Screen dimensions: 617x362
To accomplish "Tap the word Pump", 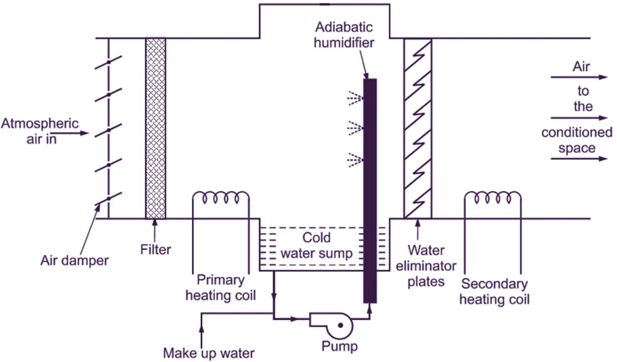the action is pos(340,346).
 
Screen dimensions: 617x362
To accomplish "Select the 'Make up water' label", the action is pos(209,353).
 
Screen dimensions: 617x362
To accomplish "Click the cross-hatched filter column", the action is pos(156,129).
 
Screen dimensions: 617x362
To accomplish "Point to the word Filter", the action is pos(156,249).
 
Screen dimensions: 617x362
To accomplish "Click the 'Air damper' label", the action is pos(75,261).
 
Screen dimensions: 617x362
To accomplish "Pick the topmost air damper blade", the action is pos(108,62).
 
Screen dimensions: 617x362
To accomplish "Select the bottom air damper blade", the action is pos(108,198).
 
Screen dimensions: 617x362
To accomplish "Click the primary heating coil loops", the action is pos(221,197).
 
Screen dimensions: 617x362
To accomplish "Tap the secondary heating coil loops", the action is pos(493,197).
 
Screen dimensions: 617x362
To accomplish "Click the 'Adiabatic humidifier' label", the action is pos(344,35).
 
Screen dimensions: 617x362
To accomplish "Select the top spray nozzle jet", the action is pos(355,98).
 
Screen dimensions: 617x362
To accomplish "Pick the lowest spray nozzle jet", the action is pos(355,159).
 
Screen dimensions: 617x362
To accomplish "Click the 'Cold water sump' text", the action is pos(317,245).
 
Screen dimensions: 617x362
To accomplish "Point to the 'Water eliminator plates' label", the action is pos(426,266).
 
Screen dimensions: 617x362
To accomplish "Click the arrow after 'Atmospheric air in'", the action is pos(69,133).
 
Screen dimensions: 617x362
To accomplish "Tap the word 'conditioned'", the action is pos(576,133).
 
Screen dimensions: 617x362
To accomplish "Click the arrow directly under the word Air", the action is pos(579,77).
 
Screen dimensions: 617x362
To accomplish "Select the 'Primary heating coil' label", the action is pos(221,287).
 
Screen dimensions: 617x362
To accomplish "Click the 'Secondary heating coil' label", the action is pos(495,292).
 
